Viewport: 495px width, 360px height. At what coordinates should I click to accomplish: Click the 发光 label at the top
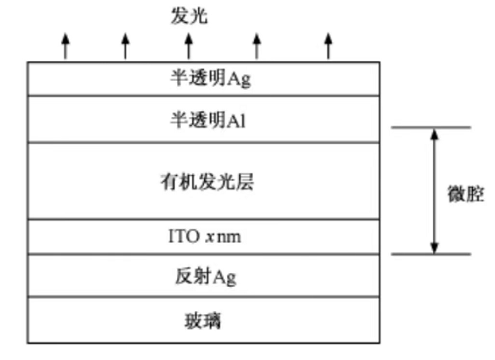pos(189,16)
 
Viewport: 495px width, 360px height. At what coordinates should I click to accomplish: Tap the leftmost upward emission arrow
pos(65,46)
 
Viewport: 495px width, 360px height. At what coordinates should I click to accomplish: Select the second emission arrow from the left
pos(126,46)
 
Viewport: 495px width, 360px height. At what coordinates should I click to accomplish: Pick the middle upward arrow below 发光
pos(189,46)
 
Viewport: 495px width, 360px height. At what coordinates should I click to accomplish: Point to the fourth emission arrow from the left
pos(257,46)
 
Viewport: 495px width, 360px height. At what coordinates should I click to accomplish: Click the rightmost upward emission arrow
pos(328,46)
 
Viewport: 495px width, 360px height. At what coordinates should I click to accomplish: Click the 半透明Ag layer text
pos(211,78)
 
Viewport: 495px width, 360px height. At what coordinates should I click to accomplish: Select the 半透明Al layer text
pos(208,120)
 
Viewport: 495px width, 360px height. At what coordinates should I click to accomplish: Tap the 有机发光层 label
pos(207,182)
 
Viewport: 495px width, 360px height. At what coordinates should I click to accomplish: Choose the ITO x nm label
pos(205,236)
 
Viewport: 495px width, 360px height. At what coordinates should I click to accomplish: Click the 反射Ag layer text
pos(206,276)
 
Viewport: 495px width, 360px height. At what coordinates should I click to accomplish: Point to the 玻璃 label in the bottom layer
pos(202,320)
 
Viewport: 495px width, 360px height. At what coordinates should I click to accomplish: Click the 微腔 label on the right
pos(466,193)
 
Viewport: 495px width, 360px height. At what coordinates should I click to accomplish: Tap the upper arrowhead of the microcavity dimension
pos(435,134)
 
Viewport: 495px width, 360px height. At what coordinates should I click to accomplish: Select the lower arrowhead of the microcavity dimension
pos(435,248)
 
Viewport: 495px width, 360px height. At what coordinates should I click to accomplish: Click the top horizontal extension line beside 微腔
pos(431,127)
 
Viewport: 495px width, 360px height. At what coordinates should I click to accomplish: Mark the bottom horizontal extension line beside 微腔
pos(431,254)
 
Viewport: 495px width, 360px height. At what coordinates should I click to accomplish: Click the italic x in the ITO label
pos(209,237)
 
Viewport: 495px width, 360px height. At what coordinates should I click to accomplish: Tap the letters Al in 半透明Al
pos(237,120)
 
